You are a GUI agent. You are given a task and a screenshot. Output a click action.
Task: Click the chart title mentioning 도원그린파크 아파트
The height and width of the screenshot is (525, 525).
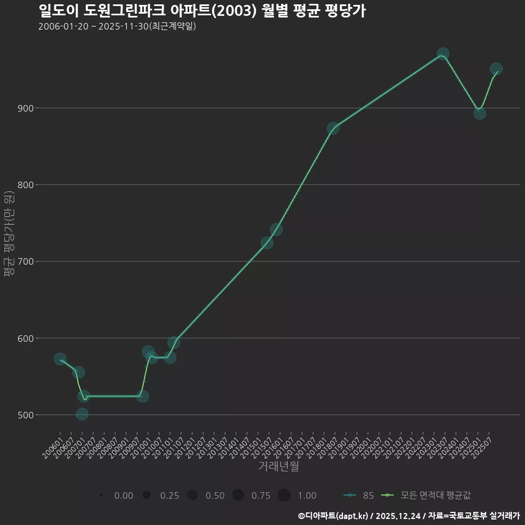tap(202, 11)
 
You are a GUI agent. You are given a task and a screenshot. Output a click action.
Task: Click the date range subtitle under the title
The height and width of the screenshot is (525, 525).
tap(117, 27)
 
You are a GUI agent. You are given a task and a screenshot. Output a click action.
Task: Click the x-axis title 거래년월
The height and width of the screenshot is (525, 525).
tap(278, 466)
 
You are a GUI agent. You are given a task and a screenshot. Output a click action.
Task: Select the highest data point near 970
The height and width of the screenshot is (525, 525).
tap(443, 54)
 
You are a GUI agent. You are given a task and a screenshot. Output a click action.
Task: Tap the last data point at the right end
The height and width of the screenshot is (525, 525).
tap(496, 69)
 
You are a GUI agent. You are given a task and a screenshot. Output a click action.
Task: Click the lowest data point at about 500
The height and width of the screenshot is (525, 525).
tap(82, 414)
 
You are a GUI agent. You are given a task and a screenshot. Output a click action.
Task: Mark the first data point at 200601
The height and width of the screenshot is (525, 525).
tap(60, 359)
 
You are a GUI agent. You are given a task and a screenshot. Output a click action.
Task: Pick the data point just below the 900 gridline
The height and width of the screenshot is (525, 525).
tap(480, 113)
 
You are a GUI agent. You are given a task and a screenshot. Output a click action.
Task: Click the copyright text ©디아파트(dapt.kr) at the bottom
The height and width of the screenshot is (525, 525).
tap(334, 516)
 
